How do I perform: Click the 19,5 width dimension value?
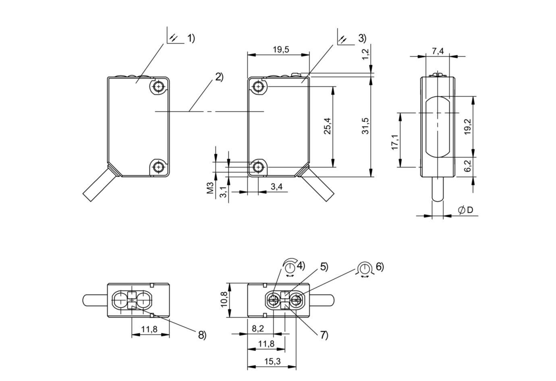click(x=278, y=50)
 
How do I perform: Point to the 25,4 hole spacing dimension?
click(x=327, y=126)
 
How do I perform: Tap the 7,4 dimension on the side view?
click(x=438, y=51)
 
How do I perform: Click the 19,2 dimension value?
click(x=468, y=127)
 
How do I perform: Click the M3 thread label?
click(x=210, y=188)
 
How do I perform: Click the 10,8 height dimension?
click(x=224, y=300)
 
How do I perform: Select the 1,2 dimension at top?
click(x=365, y=54)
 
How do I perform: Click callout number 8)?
click(x=202, y=335)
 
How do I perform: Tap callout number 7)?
click(x=324, y=335)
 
